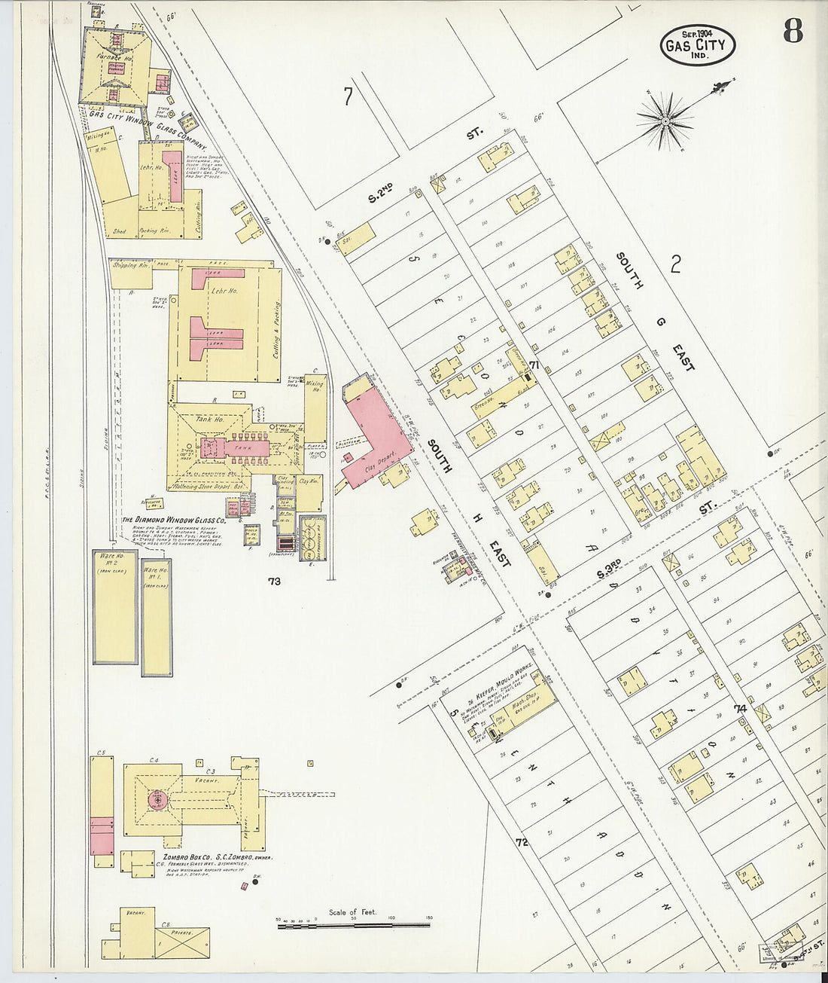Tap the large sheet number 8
792,32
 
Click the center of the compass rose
665,120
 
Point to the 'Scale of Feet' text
352,912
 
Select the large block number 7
347,96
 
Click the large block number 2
675,264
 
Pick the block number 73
273,581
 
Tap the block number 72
522,841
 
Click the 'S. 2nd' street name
383,194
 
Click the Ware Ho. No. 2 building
114,606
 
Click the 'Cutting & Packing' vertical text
276,329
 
